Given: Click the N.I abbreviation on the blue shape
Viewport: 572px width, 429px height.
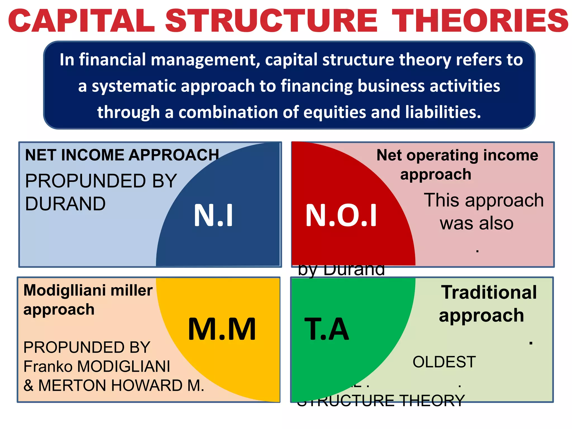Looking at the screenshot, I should [213, 215].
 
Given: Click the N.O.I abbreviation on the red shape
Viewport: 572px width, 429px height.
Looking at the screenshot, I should [341, 215].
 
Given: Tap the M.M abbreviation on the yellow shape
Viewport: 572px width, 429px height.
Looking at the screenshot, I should [222, 329].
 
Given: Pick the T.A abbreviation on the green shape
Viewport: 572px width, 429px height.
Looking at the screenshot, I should [326, 329].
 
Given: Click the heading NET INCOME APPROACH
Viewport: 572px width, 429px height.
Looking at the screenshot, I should [122, 155].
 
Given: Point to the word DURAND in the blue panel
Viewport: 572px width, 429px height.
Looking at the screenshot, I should [65, 204].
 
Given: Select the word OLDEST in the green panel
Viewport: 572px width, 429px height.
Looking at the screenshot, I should [444, 362].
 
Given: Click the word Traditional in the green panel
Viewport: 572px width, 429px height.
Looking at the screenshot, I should [489, 292].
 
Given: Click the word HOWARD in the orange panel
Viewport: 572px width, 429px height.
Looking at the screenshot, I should [147, 385].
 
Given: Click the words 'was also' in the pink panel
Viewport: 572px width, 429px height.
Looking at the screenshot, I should [476, 223].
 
